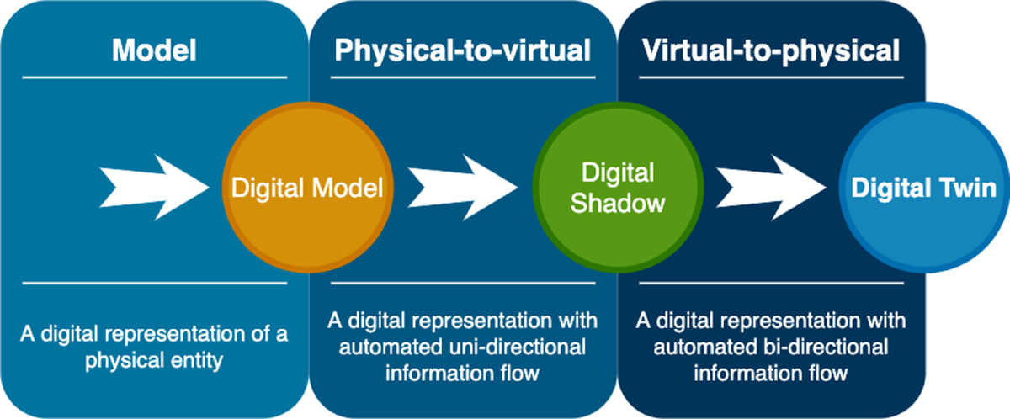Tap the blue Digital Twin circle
click(923, 188)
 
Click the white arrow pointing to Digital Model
click(155, 187)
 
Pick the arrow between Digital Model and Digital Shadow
click(463, 187)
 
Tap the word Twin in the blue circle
click(967, 188)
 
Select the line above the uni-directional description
click(462, 284)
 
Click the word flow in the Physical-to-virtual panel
click(520, 372)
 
